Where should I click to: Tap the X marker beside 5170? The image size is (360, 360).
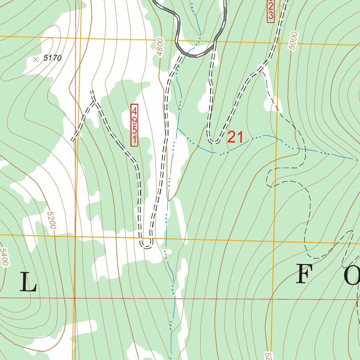coord(35,60)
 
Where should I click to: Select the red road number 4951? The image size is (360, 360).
coord(134,125)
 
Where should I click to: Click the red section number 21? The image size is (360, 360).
coord(235,137)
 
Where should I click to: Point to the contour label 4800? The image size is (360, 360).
coord(160,47)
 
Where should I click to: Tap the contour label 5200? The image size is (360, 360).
coord(51,220)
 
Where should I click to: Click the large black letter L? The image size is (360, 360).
coord(28,282)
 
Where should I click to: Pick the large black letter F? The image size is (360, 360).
coord(304,275)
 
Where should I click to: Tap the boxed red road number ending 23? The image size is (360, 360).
coord(270,11)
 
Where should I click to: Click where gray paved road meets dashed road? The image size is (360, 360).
coord(214,41)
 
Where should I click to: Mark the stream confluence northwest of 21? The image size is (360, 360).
coord(178,129)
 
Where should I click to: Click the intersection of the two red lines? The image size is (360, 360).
coord(75,298)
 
